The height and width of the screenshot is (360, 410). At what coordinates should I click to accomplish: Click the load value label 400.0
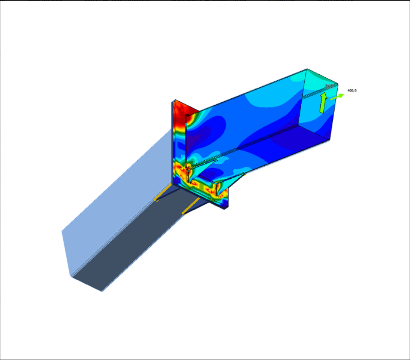(352, 90)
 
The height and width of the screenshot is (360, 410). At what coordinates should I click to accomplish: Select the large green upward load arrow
(323, 103)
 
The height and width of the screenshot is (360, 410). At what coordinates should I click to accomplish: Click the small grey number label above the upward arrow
(328, 86)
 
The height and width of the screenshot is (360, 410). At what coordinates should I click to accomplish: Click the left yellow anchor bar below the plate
(163, 194)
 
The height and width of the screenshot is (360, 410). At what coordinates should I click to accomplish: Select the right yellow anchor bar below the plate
(191, 206)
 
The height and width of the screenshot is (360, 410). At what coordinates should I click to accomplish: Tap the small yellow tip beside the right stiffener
(244, 174)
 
